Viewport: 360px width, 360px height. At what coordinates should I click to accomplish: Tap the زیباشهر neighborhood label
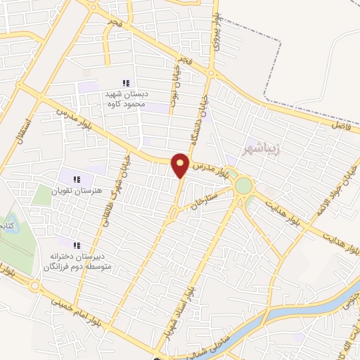[257, 150]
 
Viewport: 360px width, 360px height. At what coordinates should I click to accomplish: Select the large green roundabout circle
[244, 186]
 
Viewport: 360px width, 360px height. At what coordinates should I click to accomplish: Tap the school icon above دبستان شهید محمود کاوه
[126, 83]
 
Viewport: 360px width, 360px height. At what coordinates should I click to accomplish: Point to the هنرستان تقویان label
[78, 190]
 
